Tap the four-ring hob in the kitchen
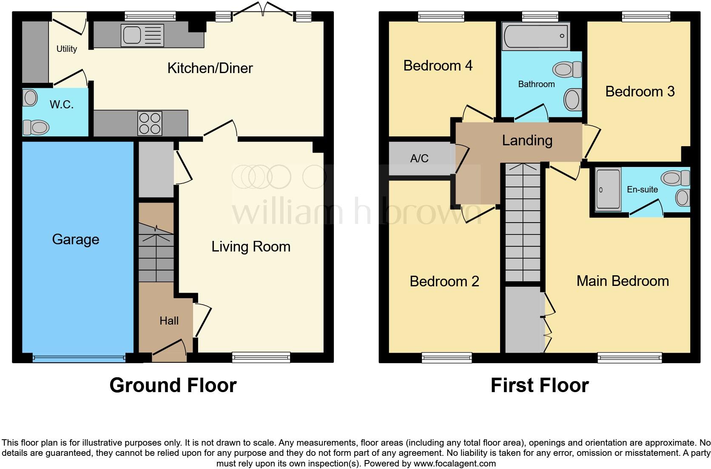(x=150, y=123)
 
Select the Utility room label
(x=67, y=49)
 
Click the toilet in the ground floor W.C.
(x=36, y=127)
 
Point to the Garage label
(x=76, y=240)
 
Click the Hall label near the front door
(x=169, y=321)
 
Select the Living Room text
(x=251, y=246)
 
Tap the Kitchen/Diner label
(x=210, y=68)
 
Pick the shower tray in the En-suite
(x=608, y=189)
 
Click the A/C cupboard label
(x=419, y=158)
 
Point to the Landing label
(x=527, y=140)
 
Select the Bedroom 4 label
(x=438, y=65)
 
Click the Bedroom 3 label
(x=640, y=91)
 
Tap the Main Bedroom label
(x=623, y=281)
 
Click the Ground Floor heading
(x=173, y=385)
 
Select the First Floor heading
(x=540, y=385)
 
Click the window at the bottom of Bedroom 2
(x=447, y=358)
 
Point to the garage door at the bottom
(x=79, y=359)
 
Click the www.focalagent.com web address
(x=455, y=463)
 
